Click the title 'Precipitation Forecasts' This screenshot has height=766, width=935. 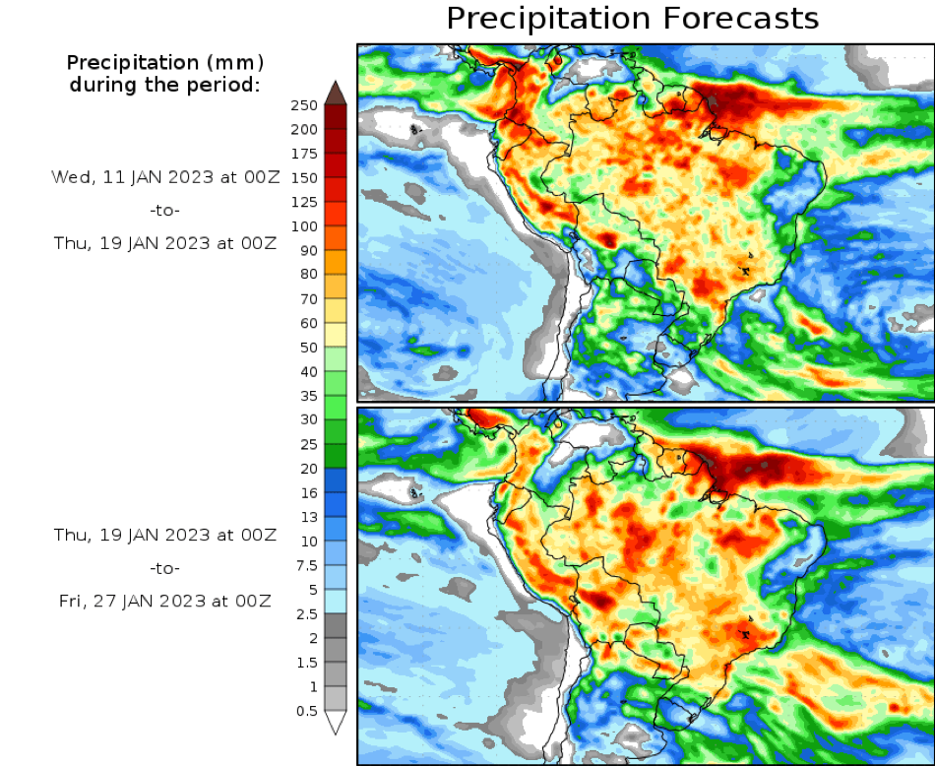[633, 19]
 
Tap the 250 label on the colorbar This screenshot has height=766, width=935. [303, 105]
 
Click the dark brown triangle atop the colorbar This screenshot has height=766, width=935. [336, 93]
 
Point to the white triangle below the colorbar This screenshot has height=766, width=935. [336, 723]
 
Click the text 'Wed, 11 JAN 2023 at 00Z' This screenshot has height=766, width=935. [164, 177]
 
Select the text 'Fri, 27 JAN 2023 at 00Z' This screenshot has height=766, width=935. [165, 601]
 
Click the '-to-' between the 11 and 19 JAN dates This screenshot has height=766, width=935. [165, 210]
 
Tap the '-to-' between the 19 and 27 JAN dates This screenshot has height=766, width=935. [165, 568]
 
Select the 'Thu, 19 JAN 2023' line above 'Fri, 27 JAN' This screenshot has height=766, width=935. [165, 535]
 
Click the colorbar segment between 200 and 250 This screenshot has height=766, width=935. [336, 117]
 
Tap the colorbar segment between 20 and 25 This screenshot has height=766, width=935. [336, 456]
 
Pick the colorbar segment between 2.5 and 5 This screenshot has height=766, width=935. [336, 601]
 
